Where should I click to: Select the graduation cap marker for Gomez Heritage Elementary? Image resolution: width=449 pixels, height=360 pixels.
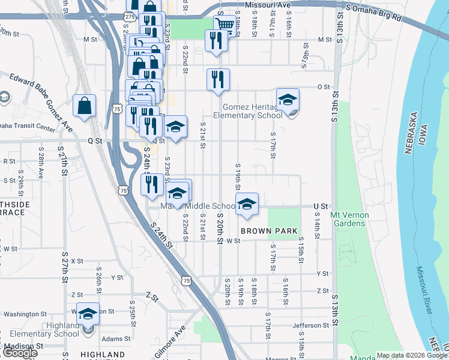(x=288, y=100)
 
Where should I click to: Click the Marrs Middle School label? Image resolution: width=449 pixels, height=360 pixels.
(x=192, y=206)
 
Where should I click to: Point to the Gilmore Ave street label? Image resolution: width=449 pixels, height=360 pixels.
(x=170, y=342)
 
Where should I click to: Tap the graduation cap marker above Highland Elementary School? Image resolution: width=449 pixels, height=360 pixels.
(x=88, y=314)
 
